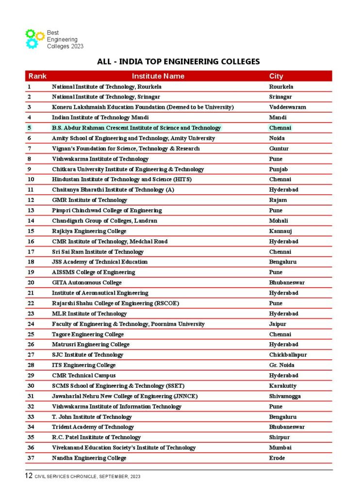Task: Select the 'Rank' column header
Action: (x=37, y=76)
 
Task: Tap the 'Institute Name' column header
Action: (x=158, y=76)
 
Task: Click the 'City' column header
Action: (x=276, y=76)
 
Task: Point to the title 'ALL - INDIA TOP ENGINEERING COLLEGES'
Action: (x=179, y=62)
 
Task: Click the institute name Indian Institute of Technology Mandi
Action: (x=100, y=117)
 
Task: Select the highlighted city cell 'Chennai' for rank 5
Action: (x=280, y=128)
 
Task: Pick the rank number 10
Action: (x=31, y=180)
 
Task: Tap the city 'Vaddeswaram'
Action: (x=288, y=107)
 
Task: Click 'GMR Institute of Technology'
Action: (x=89, y=200)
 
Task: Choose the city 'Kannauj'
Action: (x=280, y=231)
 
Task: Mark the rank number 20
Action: (x=31, y=282)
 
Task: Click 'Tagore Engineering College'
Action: (x=88, y=334)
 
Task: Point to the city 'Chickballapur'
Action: (x=288, y=355)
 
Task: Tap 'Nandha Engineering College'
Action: (x=89, y=458)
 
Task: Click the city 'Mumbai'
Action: (x=280, y=447)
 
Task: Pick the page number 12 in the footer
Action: (x=29, y=476)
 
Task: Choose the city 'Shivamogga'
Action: (x=285, y=396)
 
